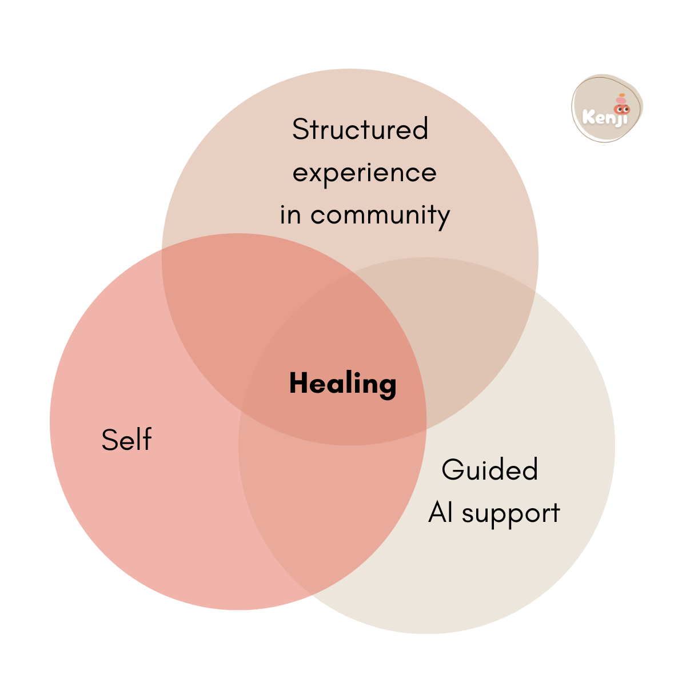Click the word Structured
pos(360,130)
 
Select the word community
pos(380,216)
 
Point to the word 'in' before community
pos(290,215)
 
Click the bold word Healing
pos(342,384)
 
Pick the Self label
pos(126,440)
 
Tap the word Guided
pos(490,470)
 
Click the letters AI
pos(441,512)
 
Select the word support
pos(510,514)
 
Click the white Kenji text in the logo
pos(605,117)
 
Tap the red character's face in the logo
pos(621,109)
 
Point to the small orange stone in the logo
pos(622,95)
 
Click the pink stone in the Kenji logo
pos(621,101)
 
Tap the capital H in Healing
pos(298,383)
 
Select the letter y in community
pos(444,218)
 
